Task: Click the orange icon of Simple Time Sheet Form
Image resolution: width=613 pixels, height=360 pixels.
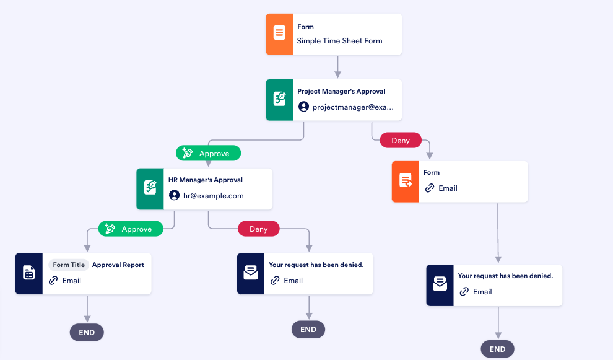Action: tap(279, 34)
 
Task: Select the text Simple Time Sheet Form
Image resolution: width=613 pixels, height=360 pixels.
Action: tap(339, 41)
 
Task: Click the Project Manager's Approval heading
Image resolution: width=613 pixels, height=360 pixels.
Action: tap(341, 91)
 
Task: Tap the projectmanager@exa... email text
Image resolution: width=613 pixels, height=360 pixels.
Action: tap(353, 107)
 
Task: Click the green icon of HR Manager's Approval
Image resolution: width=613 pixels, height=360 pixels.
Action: tap(150, 188)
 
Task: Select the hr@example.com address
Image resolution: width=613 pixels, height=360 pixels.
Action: tap(214, 195)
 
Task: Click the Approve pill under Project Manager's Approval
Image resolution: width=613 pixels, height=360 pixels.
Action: tap(208, 153)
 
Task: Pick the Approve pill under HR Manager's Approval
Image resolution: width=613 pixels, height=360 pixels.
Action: tap(131, 229)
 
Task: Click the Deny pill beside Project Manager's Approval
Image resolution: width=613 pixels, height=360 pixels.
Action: tap(401, 140)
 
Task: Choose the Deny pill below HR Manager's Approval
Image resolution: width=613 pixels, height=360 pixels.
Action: tap(258, 229)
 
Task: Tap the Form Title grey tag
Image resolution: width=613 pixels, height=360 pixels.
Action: tap(68, 265)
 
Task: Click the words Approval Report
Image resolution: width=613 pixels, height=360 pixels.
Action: tap(118, 265)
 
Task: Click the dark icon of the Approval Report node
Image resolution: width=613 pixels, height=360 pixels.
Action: tap(28, 273)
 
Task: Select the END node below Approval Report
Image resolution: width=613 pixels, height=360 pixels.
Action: tap(87, 332)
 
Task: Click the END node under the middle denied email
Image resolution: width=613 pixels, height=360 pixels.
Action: tap(308, 329)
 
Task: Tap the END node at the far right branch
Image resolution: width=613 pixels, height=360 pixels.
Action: tap(497, 349)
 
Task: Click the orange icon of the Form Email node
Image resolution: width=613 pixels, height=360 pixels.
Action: tap(406, 182)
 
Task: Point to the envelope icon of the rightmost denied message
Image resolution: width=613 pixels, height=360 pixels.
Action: tap(440, 285)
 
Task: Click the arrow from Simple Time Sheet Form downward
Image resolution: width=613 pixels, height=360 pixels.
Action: tap(337, 66)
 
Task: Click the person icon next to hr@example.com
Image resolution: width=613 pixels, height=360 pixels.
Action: tap(174, 195)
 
